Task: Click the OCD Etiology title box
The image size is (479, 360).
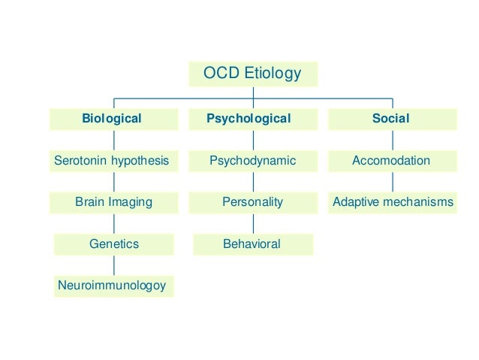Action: (x=252, y=74)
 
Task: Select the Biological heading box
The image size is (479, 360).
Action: (x=113, y=119)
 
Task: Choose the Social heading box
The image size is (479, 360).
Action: (x=392, y=119)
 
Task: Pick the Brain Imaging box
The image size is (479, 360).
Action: (x=113, y=202)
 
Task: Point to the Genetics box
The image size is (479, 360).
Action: (x=113, y=244)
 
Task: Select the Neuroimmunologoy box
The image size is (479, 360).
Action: (x=113, y=286)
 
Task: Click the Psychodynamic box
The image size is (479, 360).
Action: (x=252, y=161)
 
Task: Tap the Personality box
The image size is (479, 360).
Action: (x=252, y=202)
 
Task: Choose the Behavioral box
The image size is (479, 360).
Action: (x=252, y=244)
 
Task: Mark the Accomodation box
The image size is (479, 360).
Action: (x=392, y=161)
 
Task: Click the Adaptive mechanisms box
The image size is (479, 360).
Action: (x=392, y=202)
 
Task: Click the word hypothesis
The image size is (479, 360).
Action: (x=142, y=161)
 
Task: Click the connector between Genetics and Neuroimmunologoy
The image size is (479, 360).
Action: (x=114, y=265)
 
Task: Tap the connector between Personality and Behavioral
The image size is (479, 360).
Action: (x=253, y=223)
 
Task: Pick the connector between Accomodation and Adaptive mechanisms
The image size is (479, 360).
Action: (x=392, y=182)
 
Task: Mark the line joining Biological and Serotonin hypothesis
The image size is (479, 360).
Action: (x=114, y=140)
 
